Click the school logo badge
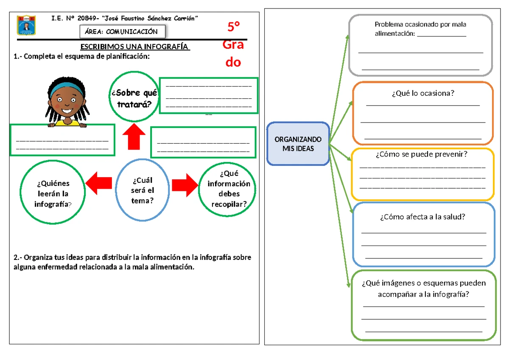pos(26,25)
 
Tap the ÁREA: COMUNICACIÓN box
pos(123,31)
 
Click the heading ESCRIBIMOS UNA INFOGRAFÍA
pos(135,47)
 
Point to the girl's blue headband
pos(67,88)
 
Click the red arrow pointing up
pos(134,136)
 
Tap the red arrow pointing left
pos(99,183)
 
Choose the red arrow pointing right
pos(185,183)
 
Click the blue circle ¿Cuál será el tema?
pos(143,190)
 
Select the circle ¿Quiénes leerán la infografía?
pos(53,194)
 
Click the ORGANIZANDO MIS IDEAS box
pos(298,144)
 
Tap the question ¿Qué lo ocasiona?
pos(423,93)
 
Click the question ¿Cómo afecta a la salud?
pos(422,217)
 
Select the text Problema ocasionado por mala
pos(420,25)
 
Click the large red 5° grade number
pos(233,28)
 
